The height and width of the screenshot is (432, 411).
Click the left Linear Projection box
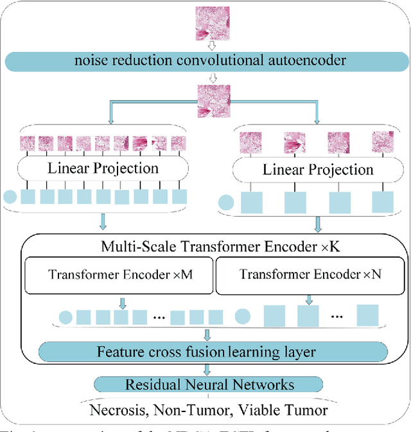103,169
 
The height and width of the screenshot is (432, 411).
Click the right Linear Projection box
318,170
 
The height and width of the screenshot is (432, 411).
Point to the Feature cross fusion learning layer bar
206,352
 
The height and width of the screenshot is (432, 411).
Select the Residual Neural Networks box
209,384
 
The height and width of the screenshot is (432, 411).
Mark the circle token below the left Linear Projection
11,197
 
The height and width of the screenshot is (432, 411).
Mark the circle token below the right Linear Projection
226,204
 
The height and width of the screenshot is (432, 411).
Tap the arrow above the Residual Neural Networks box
207,369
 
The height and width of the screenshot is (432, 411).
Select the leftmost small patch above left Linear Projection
29,143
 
